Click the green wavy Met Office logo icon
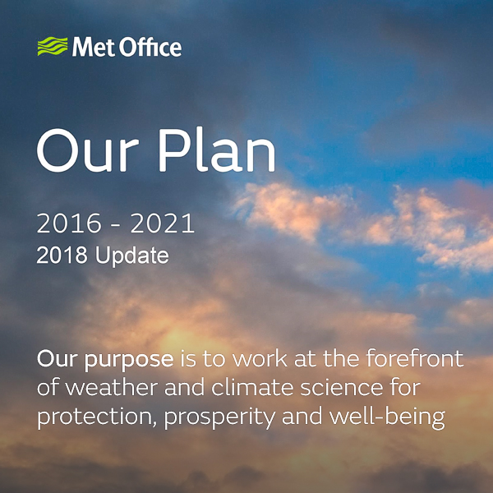pyautogui.click(x=52, y=47)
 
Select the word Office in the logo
pyautogui.click(x=148, y=47)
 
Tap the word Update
pyautogui.click(x=132, y=256)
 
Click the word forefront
pyautogui.click(x=414, y=360)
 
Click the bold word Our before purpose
pyautogui.click(x=55, y=360)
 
